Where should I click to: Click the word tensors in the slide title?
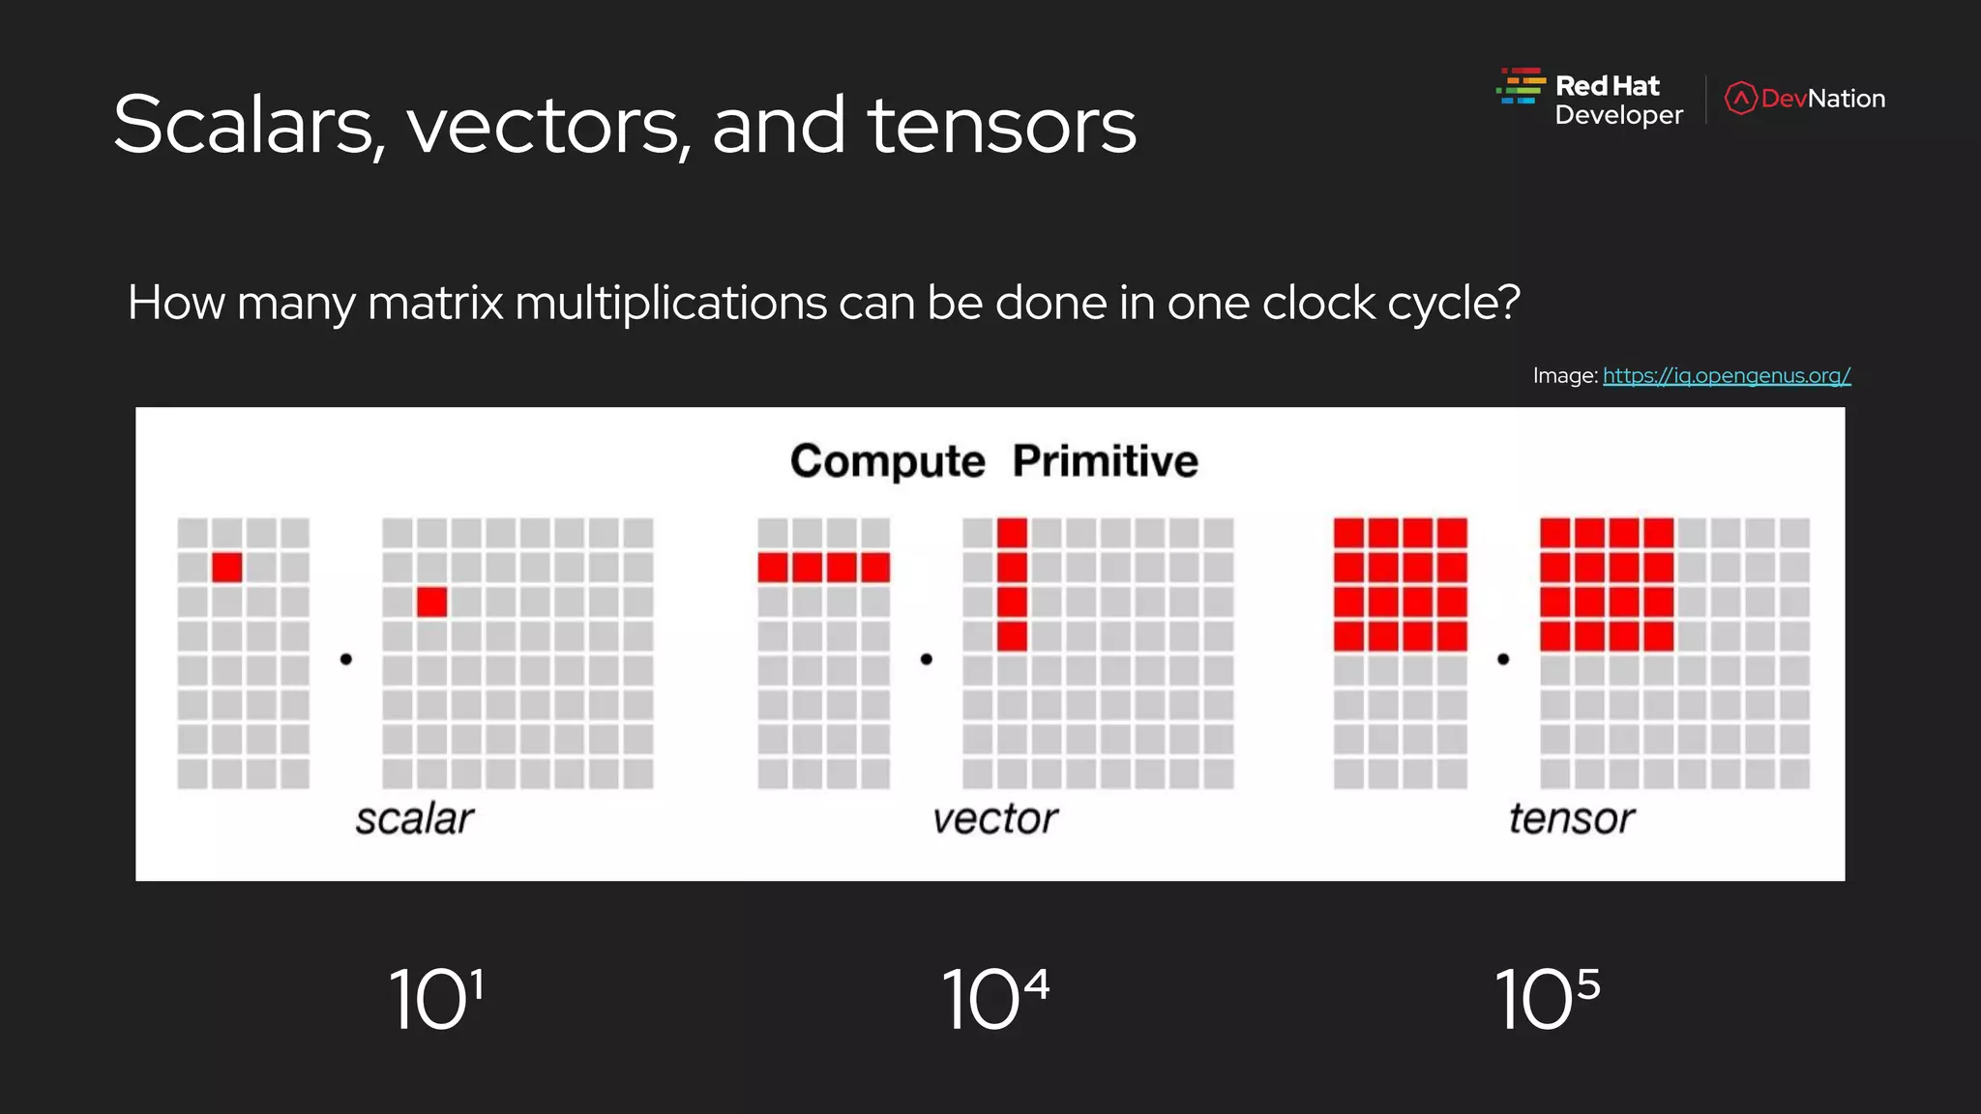click(1001, 126)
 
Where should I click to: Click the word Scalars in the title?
click(244, 126)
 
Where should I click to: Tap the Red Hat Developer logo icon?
click(1521, 86)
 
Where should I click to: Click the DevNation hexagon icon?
click(1740, 99)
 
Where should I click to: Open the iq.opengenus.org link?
click(1727, 375)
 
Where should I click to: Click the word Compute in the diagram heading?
click(887, 461)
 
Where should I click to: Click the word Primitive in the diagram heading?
click(1105, 461)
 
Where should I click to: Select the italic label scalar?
click(414, 819)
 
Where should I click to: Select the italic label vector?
click(994, 819)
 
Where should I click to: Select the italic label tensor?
click(1571, 819)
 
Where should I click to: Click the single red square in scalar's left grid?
click(227, 567)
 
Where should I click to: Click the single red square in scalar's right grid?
click(431, 601)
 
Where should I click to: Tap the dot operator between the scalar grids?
click(346, 660)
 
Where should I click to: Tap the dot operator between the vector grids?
click(926, 660)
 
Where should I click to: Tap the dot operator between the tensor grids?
click(1503, 660)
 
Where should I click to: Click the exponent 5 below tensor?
click(1588, 985)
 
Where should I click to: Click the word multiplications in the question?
click(671, 304)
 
